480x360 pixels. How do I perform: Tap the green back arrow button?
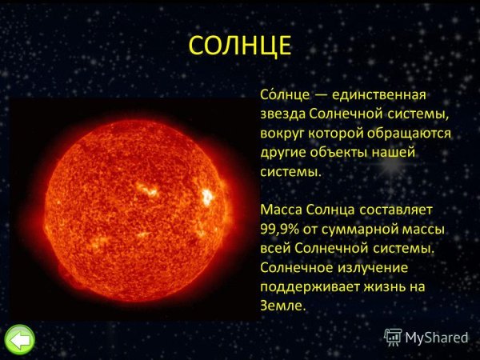click(x=19, y=340)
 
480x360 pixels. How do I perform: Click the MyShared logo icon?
click(x=393, y=336)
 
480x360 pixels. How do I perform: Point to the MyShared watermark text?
click(x=437, y=337)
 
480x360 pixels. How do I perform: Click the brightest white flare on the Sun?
click(x=207, y=195)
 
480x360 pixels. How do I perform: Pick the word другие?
click(x=284, y=152)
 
